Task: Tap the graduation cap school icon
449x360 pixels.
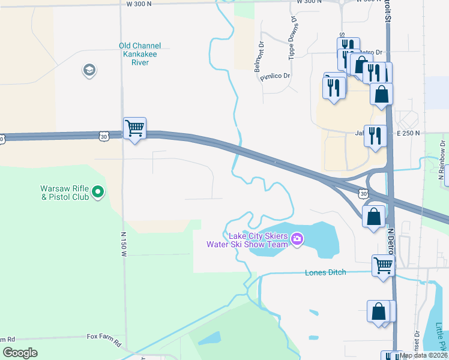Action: pyautogui.click(x=89, y=70)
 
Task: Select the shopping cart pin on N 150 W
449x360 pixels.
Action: pyautogui.click(x=134, y=128)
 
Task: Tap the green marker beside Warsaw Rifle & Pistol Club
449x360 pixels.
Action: pyautogui.click(x=98, y=193)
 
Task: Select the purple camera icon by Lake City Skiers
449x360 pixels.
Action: pyautogui.click(x=297, y=240)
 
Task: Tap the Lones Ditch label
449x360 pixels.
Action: pyautogui.click(x=325, y=272)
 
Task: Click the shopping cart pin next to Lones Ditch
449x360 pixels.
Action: pyautogui.click(x=382, y=264)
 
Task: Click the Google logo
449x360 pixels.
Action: pyautogui.click(x=20, y=353)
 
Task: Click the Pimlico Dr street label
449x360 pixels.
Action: pyautogui.click(x=275, y=76)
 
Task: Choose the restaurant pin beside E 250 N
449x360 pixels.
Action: pyautogui.click(x=375, y=135)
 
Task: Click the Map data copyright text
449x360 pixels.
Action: pyautogui.click(x=423, y=355)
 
